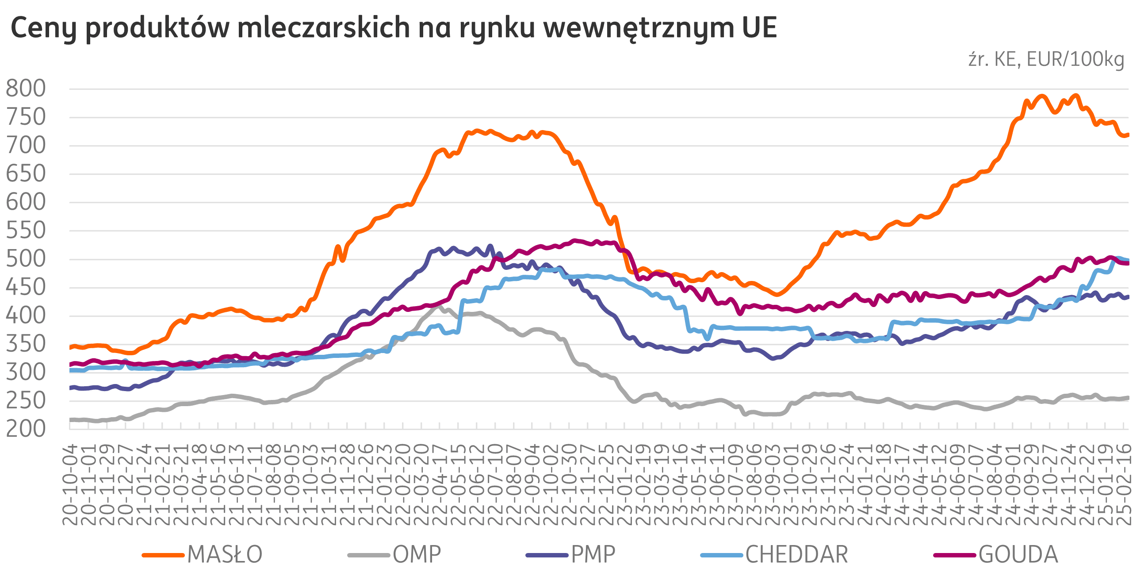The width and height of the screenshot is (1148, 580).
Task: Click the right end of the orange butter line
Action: pyautogui.click(x=1128, y=134)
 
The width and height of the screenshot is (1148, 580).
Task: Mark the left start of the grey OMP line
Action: pyautogui.click(x=70, y=419)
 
